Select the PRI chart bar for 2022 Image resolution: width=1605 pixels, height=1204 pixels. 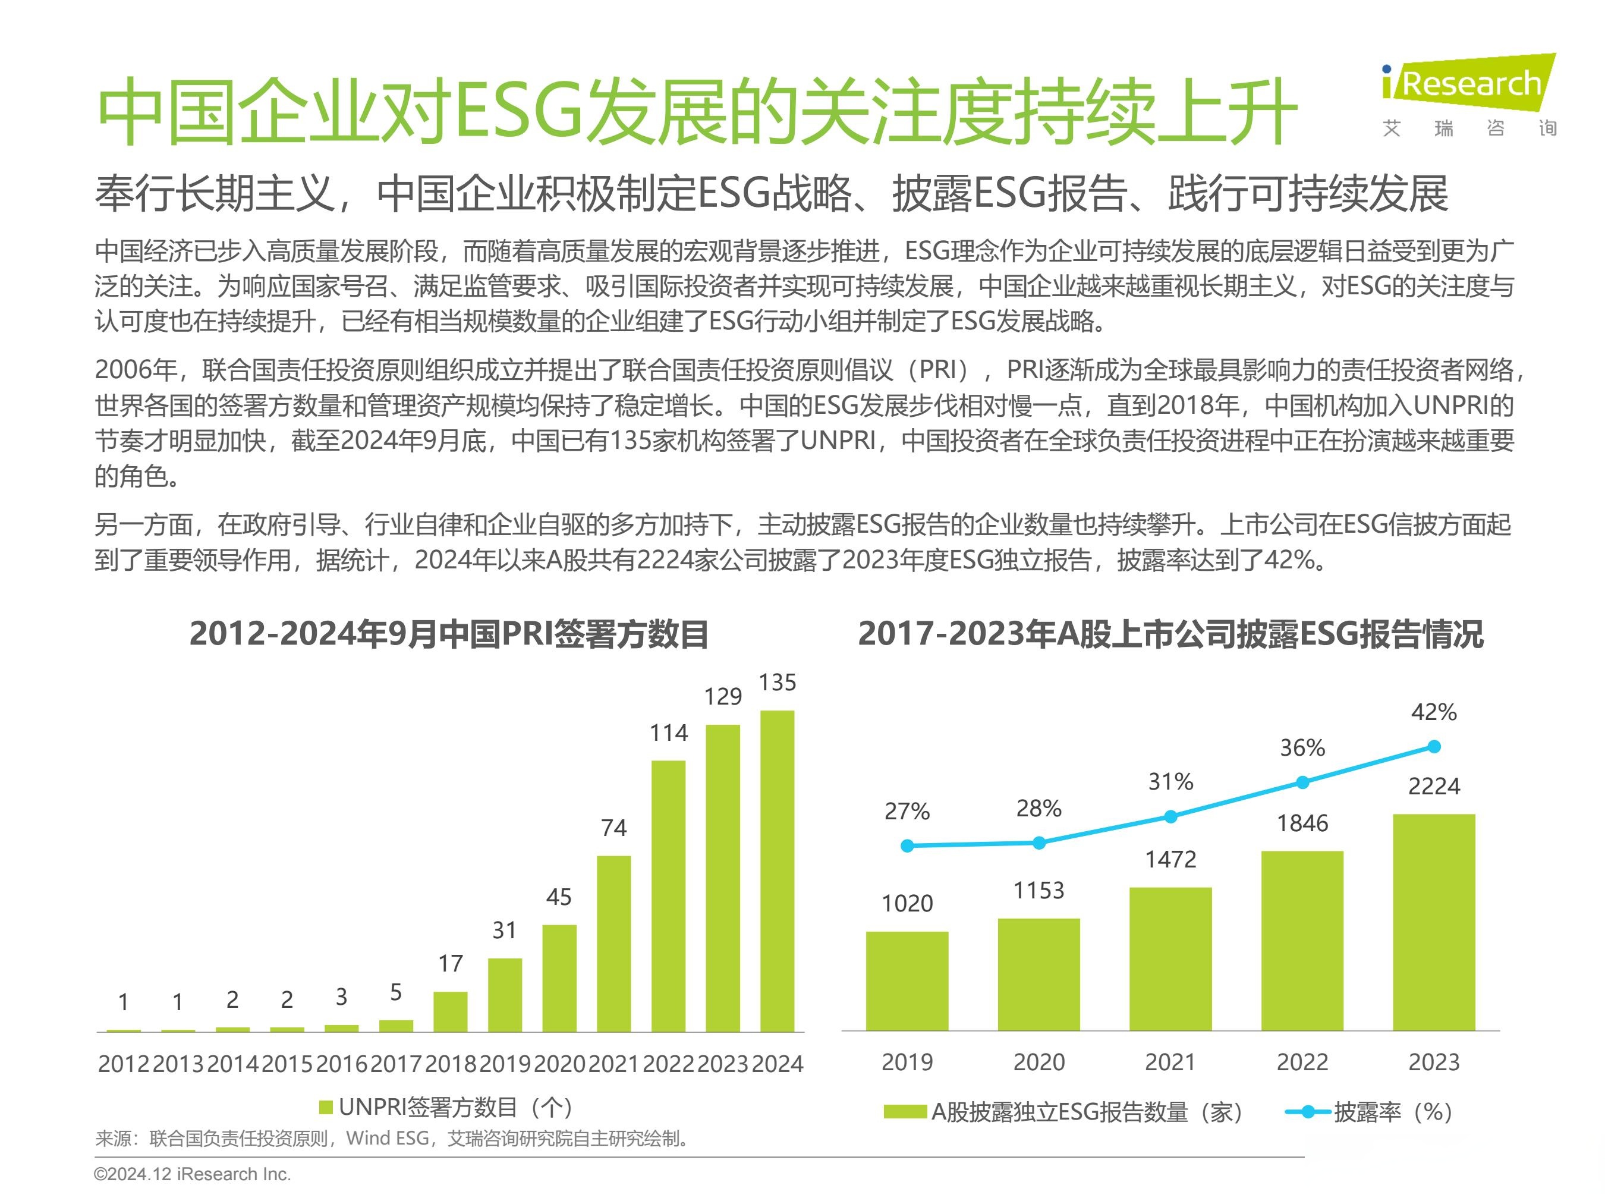click(668, 895)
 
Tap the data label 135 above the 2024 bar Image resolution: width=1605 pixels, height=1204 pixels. click(777, 682)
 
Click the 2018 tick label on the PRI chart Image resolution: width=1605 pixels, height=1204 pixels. click(451, 1064)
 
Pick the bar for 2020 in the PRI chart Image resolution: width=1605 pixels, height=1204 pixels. click(559, 977)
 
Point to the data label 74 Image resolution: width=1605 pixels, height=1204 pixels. click(614, 828)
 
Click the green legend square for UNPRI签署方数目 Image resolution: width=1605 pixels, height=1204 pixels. click(326, 1108)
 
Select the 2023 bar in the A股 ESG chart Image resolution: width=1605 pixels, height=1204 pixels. click(1434, 922)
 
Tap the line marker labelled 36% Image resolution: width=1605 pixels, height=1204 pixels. click(1302, 782)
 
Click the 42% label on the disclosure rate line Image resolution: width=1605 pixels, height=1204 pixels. click(1434, 712)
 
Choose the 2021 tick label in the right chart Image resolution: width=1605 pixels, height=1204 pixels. click(1170, 1062)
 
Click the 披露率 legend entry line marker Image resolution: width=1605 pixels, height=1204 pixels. click(1308, 1112)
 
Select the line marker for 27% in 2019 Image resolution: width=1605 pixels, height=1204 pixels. click(907, 845)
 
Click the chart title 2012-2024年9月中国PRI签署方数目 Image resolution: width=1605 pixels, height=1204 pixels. click(448, 634)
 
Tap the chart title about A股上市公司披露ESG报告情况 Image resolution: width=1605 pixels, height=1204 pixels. click(1170, 634)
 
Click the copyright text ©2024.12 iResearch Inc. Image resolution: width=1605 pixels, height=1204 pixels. click(192, 1174)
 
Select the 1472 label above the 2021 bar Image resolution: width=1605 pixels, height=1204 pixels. click(1170, 859)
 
